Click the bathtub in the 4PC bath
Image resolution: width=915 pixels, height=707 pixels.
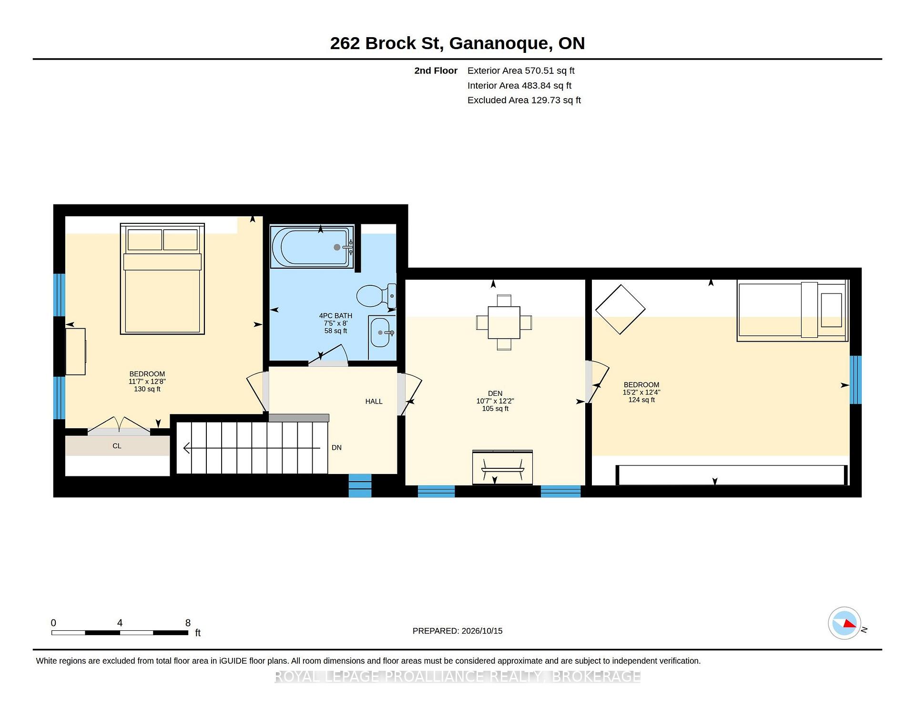(x=312, y=247)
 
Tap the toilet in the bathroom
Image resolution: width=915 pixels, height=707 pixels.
(x=376, y=295)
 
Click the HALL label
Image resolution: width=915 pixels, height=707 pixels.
(x=374, y=402)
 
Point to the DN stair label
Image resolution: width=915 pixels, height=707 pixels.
(x=336, y=448)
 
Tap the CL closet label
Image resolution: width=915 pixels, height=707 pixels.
(x=117, y=446)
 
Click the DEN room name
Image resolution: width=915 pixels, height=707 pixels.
(x=495, y=394)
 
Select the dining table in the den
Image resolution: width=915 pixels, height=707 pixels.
(x=504, y=323)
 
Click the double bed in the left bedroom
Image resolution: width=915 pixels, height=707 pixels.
(x=163, y=279)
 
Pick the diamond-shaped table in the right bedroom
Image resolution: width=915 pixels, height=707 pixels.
(x=620, y=309)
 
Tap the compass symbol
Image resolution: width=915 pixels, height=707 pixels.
(x=844, y=623)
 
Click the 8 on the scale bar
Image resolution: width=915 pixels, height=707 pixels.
(x=188, y=623)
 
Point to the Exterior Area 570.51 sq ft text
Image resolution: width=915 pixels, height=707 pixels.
(x=521, y=71)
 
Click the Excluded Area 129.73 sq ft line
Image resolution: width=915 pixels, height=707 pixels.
(x=524, y=100)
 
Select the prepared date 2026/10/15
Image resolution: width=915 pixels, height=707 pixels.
(x=481, y=631)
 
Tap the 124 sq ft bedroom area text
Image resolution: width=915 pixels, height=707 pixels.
(x=641, y=400)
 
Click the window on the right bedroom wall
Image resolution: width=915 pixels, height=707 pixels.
(x=856, y=380)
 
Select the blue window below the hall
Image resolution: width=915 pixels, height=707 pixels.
(x=360, y=485)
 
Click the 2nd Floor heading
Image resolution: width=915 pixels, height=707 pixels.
(x=436, y=71)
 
